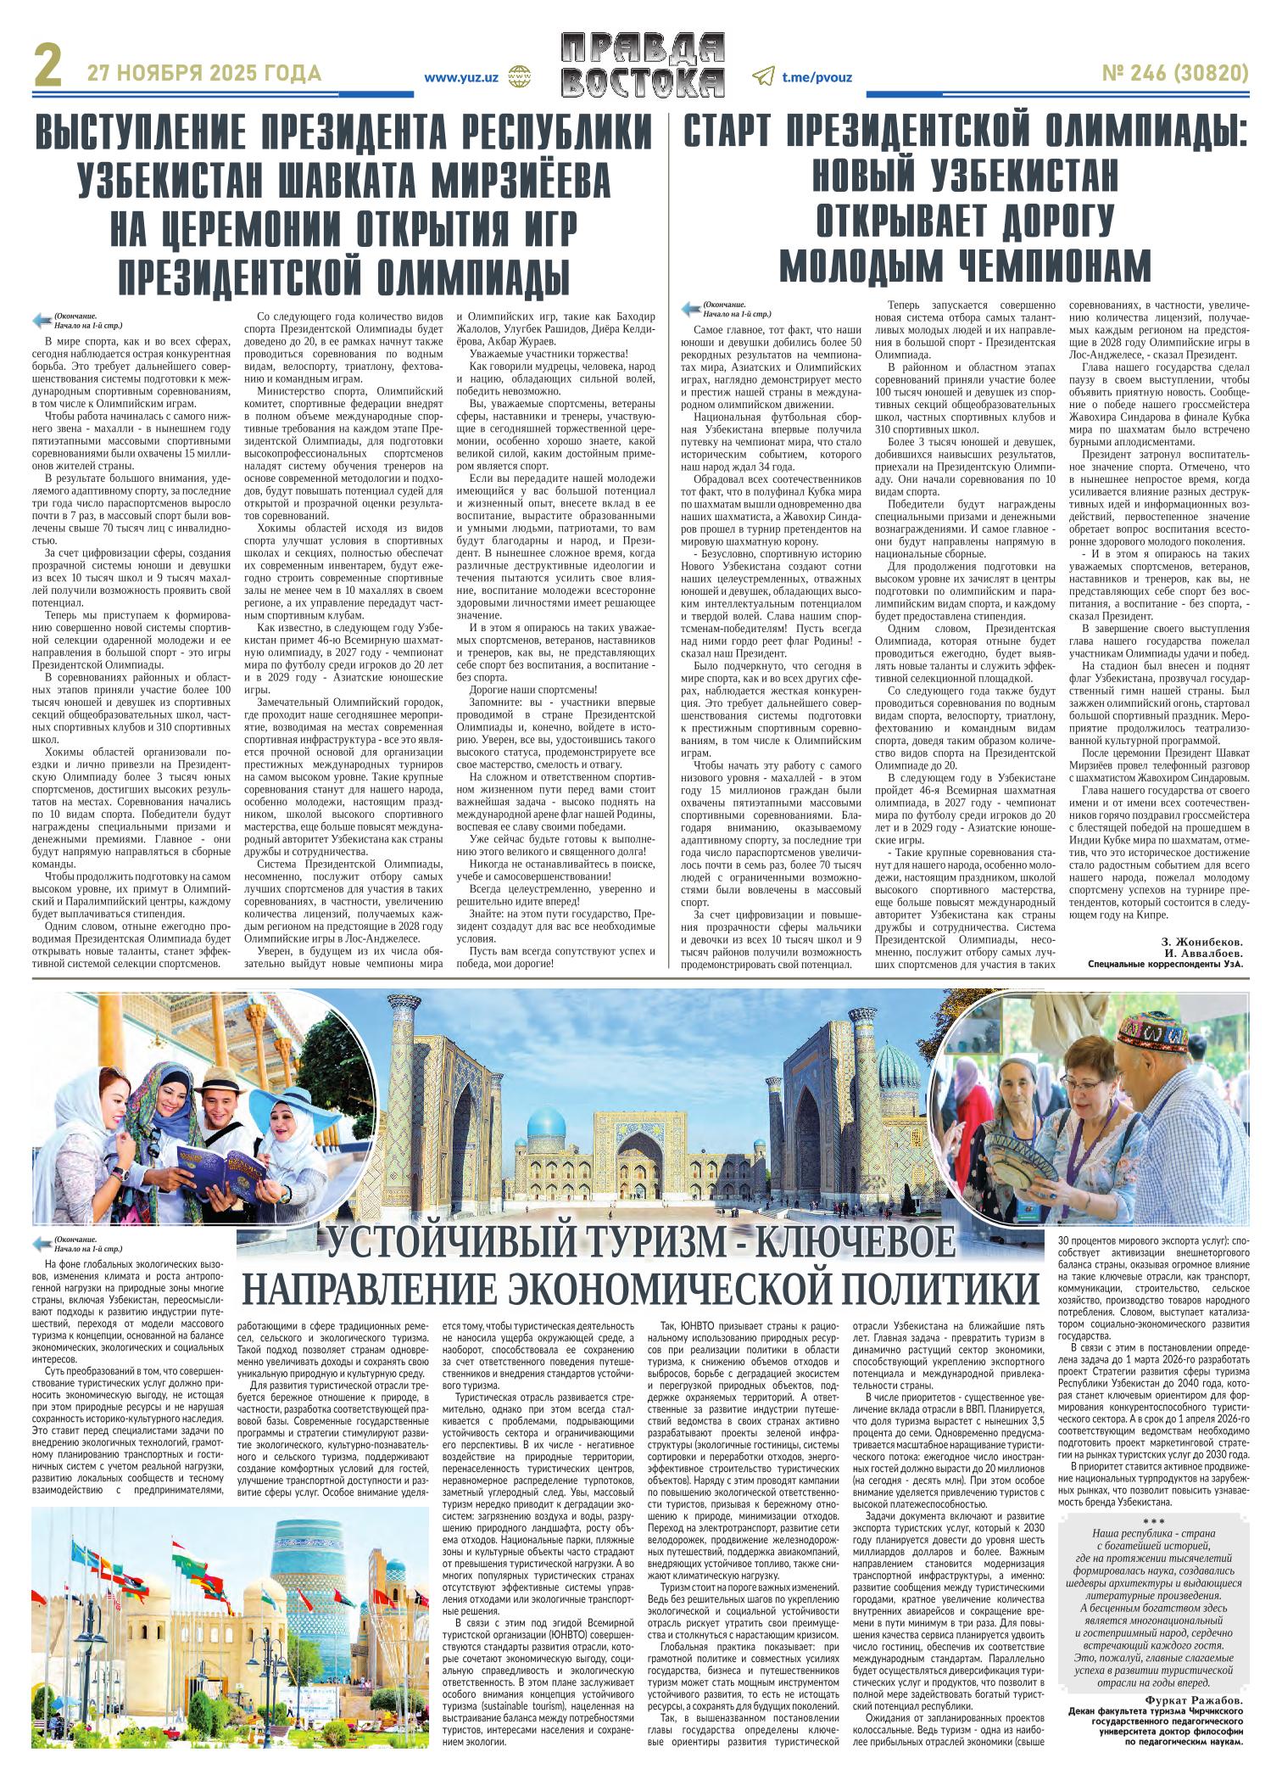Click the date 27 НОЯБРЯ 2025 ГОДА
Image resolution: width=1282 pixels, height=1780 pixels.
pos(204,74)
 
